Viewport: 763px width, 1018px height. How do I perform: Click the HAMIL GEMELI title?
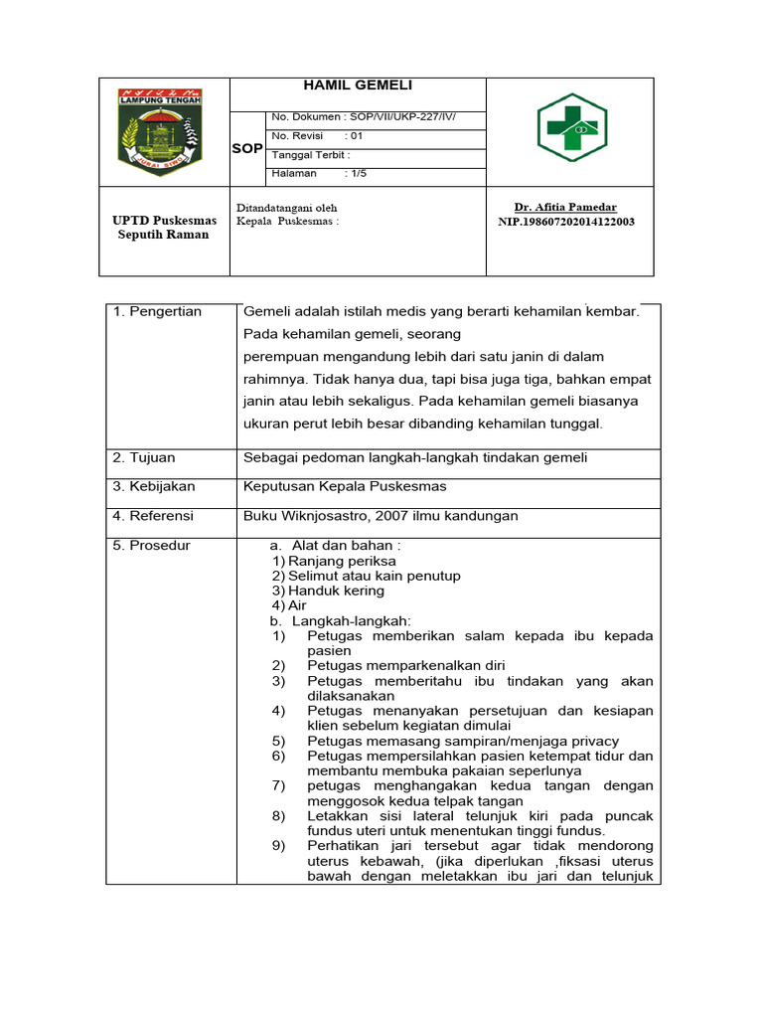point(357,86)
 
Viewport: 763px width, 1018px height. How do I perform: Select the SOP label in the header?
point(247,148)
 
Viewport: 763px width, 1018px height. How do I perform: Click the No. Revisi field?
point(318,136)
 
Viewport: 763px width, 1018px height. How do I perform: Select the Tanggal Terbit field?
point(311,155)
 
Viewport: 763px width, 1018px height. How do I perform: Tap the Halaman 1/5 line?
point(311,173)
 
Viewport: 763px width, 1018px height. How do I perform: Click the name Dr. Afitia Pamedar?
point(565,207)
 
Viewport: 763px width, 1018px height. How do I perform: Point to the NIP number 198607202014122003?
point(566,222)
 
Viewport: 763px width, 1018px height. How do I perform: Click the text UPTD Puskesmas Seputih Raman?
point(164,228)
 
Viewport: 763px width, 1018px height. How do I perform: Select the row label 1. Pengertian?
point(157,311)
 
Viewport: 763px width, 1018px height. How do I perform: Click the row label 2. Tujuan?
point(144,457)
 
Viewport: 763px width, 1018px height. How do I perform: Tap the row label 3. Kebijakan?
point(154,486)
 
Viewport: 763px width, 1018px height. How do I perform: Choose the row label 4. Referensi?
point(153,516)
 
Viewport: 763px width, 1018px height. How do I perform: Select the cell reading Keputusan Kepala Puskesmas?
point(345,486)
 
